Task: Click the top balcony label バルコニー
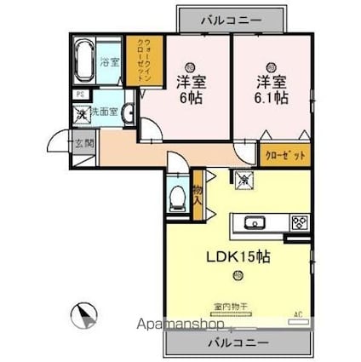[232, 17]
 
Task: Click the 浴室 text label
[110, 61]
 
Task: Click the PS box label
[78, 95]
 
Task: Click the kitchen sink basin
[255, 222]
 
